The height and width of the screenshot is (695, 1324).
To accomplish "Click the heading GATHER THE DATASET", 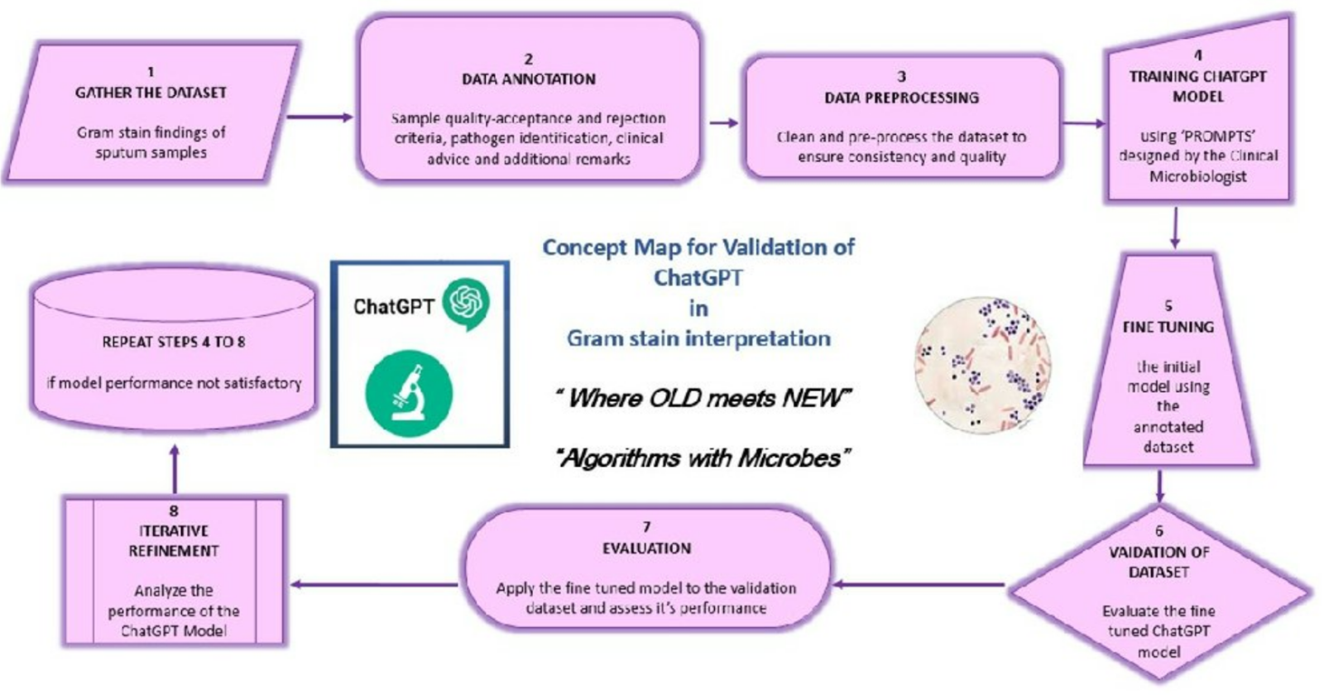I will click(151, 93).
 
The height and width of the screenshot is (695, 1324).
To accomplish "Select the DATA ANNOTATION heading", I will click(529, 79).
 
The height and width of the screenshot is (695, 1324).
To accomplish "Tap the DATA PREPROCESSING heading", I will click(901, 98).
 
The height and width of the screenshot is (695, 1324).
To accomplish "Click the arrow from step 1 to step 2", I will click(319, 117).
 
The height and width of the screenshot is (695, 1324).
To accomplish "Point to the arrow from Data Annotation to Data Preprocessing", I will click(723, 123).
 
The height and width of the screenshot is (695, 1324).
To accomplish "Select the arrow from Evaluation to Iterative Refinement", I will click(374, 585).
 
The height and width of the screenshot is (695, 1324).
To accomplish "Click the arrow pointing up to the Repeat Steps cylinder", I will click(174, 467).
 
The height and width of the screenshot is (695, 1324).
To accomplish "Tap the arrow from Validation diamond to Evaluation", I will click(919, 585).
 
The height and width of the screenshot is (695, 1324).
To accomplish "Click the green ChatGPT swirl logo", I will click(466, 303).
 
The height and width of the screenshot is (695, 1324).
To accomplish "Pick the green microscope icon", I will click(409, 393).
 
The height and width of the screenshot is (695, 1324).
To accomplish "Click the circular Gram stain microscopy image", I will click(982, 366).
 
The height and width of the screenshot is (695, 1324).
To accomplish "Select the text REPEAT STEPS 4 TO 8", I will click(174, 342).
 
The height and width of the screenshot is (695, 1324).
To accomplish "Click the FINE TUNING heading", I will click(1168, 327).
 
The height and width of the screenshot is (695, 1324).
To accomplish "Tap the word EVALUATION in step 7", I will click(646, 548).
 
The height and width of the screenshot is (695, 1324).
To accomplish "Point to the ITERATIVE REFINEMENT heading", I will click(174, 540).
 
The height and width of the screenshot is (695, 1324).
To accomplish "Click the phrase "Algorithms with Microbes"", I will click(704, 458).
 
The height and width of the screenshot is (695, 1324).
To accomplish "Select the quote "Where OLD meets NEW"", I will click(704, 398).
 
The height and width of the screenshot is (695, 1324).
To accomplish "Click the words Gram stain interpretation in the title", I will click(698, 338).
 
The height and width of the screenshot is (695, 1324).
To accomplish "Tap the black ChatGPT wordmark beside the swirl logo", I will click(393, 307).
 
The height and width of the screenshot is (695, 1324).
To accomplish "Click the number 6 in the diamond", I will click(1158, 531).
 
